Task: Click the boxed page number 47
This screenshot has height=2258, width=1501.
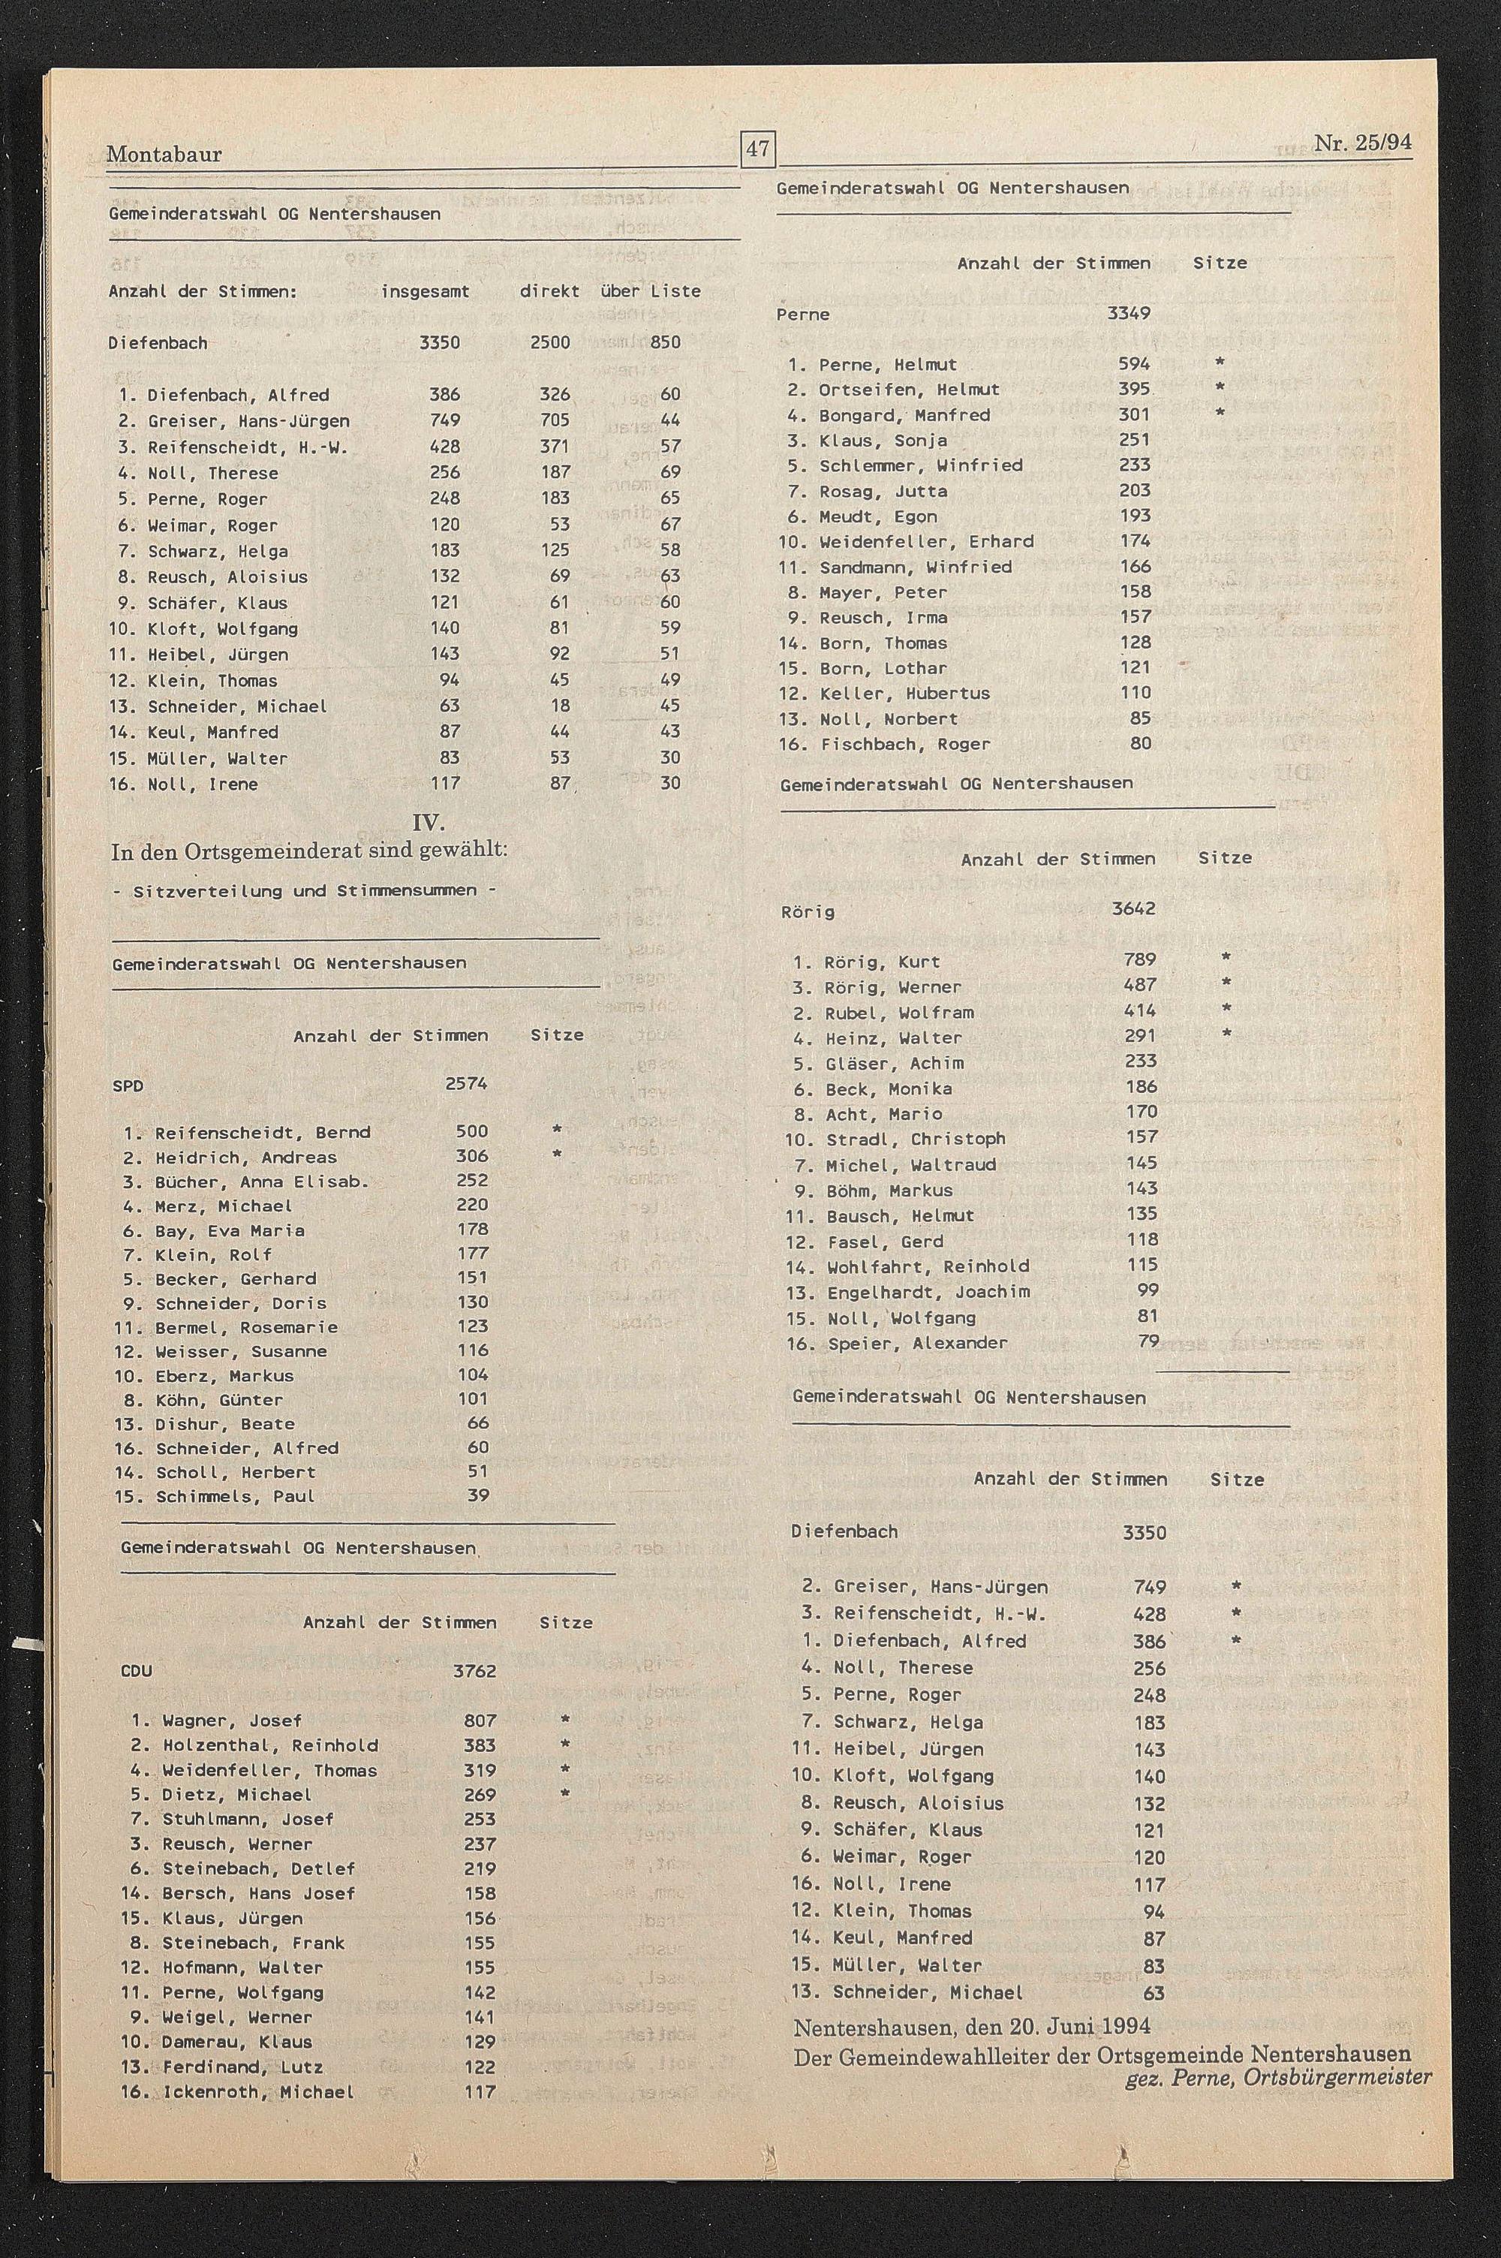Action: [x=758, y=149]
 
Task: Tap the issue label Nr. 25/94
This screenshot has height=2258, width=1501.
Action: [x=1362, y=143]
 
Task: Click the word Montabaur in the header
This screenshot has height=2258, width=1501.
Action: [x=164, y=154]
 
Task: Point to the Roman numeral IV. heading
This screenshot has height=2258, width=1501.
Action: [x=427, y=821]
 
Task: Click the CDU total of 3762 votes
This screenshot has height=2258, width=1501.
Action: [x=475, y=1670]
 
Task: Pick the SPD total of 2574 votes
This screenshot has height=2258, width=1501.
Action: [x=466, y=1083]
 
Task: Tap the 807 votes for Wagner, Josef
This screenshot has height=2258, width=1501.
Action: [x=480, y=1720]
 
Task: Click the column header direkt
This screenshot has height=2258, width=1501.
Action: [x=549, y=291]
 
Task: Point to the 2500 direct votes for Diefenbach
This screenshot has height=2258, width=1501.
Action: [x=550, y=342]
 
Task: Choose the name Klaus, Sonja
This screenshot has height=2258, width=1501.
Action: [x=883, y=441]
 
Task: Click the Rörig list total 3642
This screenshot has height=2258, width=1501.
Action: [x=1133, y=908]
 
